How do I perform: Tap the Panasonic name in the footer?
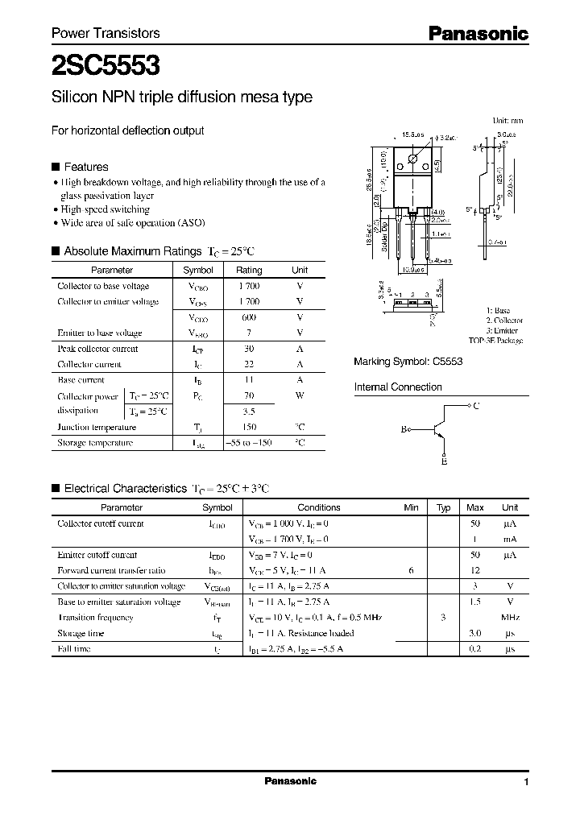[x=290, y=781]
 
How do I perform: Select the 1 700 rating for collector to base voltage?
[x=249, y=286]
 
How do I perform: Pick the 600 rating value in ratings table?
[x=249, y=317]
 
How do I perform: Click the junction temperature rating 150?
[x=249, y=427]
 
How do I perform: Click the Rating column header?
[x=249, y=271]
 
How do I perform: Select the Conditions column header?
[x=319, y=507]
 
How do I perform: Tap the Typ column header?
[x=443, y=507]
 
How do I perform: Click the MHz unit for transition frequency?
[x=510, y=617]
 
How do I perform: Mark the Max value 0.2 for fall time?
[x=475, y=648]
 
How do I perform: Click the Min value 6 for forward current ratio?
[x=411, y=570]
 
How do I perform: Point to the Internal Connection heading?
[x=398, y=387]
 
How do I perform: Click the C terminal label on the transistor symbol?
[x=476, y=406]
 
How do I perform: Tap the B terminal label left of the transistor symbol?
[x=404, y=430]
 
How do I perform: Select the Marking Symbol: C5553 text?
[x=408, y=362]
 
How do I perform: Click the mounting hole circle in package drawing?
[x=414, y=158]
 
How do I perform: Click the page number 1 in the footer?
[x=526, y=782]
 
